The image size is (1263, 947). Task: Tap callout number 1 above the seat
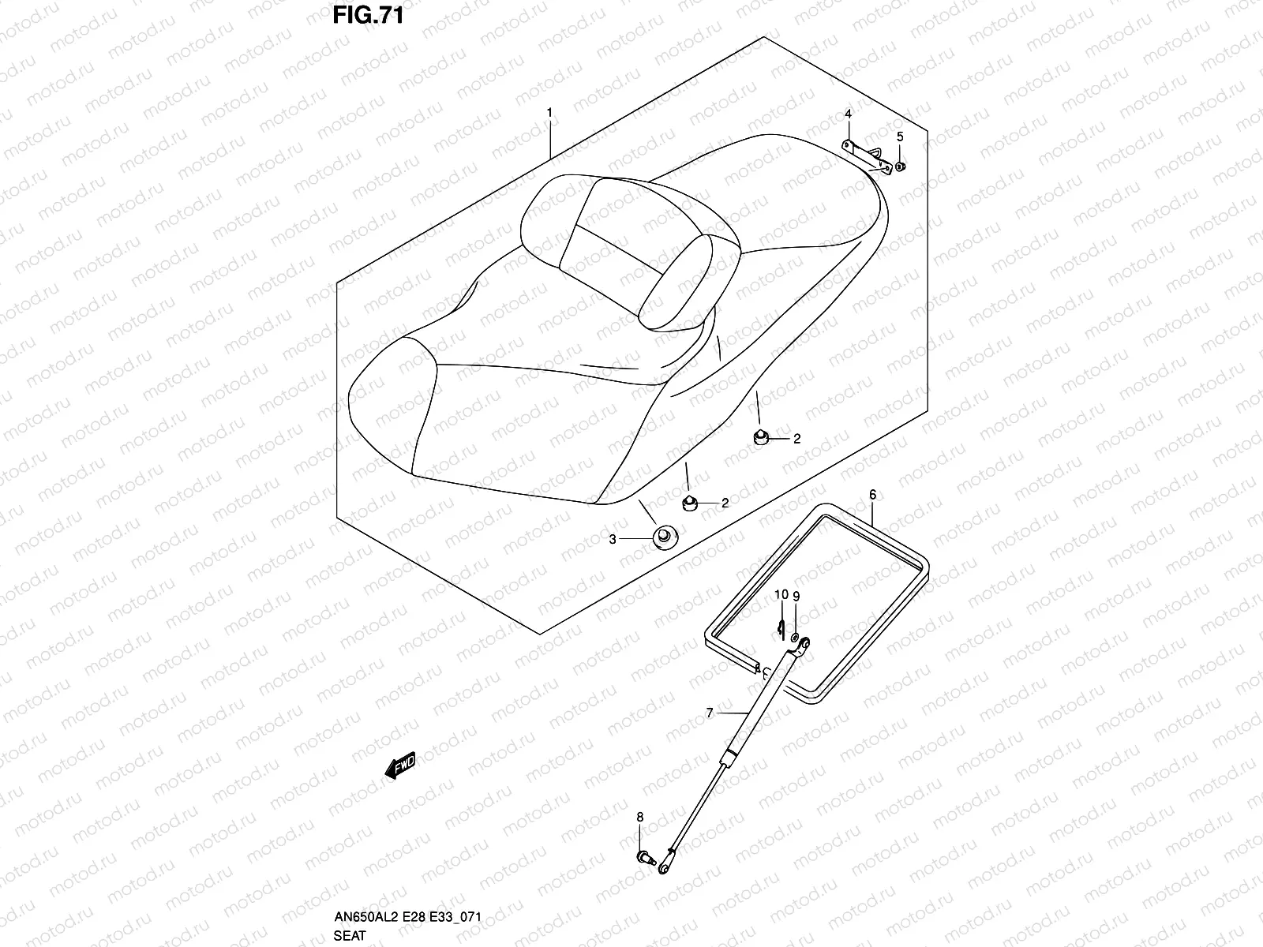[549, 113]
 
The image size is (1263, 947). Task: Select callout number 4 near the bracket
[848, 114]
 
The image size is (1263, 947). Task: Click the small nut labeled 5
[901, 167]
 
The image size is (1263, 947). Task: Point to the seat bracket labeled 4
[871, 155]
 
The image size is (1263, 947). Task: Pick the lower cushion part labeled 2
[689, 503]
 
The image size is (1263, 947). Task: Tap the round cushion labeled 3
[664, 538]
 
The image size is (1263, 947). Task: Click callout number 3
[612, 540]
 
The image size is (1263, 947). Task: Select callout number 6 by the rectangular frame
[872, 495]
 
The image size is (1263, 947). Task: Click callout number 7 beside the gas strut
[710, 713]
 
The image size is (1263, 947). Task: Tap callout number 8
[639, 838]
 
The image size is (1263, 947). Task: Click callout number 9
[796, 596]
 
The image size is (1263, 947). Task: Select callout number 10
[781, 594]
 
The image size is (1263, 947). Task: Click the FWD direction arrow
[400, 765]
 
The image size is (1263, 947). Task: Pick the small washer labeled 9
[795, 637]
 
